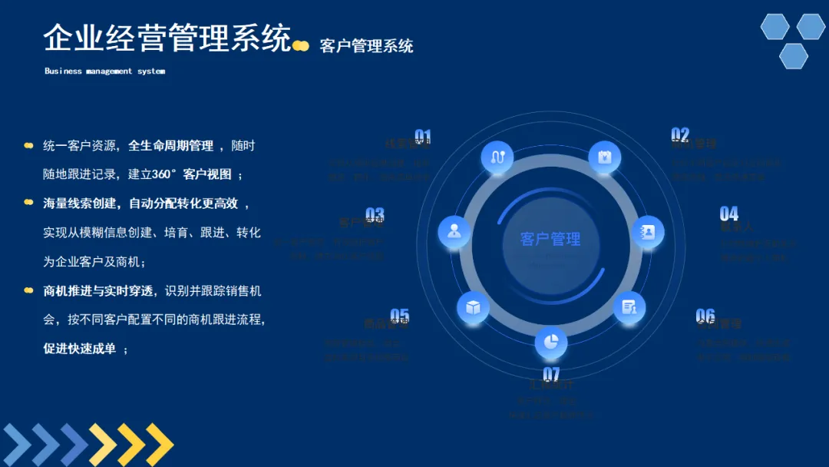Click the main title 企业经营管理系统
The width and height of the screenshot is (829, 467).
click(167, 38)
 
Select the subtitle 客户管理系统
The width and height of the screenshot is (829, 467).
click(366, 46)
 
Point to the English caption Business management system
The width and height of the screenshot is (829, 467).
click(104, 71)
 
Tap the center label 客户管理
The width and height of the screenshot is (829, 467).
click(550, 239)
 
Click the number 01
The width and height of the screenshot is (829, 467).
click(423, 137)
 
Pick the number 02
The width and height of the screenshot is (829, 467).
click(680, 134)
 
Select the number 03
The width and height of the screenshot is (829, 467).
click(375, 214)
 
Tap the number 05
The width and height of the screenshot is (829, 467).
click(399, 315)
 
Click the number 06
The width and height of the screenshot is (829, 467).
click(705, 315)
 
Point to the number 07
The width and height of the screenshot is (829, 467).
click(551, 373)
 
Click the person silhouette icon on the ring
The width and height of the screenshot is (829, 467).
click(454, 231)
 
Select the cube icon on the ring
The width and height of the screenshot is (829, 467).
click(473, 307)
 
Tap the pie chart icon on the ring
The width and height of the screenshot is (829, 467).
click(550, 343)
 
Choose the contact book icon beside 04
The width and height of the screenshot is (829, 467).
click(648, 231)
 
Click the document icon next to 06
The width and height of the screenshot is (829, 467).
click(629, 307)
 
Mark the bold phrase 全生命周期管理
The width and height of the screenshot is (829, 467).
click(170, 145)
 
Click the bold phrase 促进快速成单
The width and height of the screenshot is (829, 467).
click(79, 349)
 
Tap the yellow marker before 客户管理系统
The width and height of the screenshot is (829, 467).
click(301, 46)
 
